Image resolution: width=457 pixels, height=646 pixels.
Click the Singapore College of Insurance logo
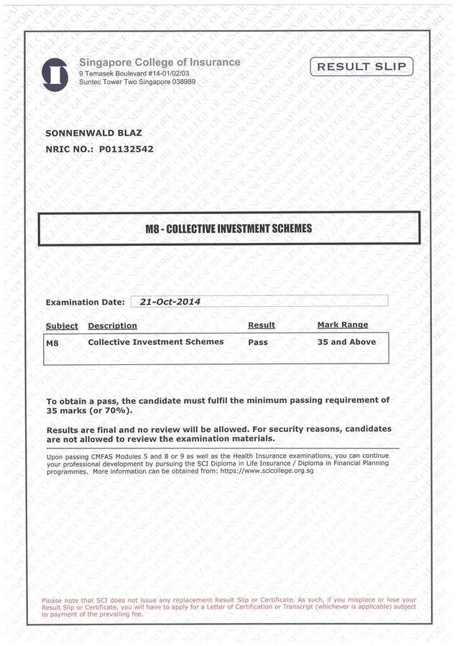pos(55,74)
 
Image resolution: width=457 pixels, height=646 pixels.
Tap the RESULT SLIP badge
pos(362,67)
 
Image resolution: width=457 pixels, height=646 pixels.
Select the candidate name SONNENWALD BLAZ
pos(93,133)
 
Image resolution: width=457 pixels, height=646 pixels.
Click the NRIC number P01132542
pos(126,149)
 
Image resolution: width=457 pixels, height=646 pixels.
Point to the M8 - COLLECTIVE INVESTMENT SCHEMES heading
pos(228,229)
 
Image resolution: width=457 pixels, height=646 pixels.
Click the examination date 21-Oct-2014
pos(170,302)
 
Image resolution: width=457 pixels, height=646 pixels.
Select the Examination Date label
pos(85,303)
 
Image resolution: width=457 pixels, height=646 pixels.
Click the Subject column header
pos(62,326)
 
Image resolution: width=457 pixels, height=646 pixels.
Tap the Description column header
pos(112,326)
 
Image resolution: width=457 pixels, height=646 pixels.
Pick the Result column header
pos(261,325)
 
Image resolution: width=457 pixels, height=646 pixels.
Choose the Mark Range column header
pos(342,325)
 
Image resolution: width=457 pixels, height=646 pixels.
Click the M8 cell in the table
pos(52,343)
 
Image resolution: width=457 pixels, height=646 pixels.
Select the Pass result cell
pos(257,342)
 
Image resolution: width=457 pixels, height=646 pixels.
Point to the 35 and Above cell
pos(346,342)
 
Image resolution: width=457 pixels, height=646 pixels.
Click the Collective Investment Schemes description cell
pos(155,342)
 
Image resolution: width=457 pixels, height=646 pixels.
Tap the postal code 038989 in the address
pos(180,82)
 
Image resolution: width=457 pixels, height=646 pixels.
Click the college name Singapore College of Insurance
pos(160,63)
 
